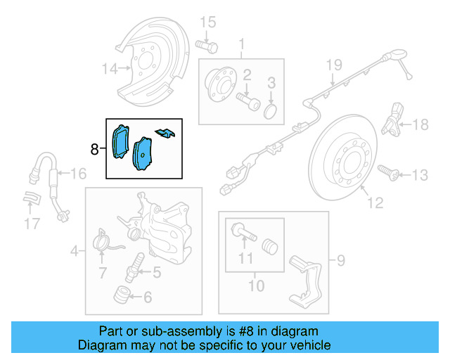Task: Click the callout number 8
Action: tap(95, 149)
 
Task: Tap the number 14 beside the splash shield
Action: tap(109, 69)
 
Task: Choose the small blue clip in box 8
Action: tap(166, 132)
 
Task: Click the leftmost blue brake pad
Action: tap(120, 141)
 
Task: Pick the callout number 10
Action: tap(256, 285)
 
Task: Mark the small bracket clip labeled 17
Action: tap(30, 200)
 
